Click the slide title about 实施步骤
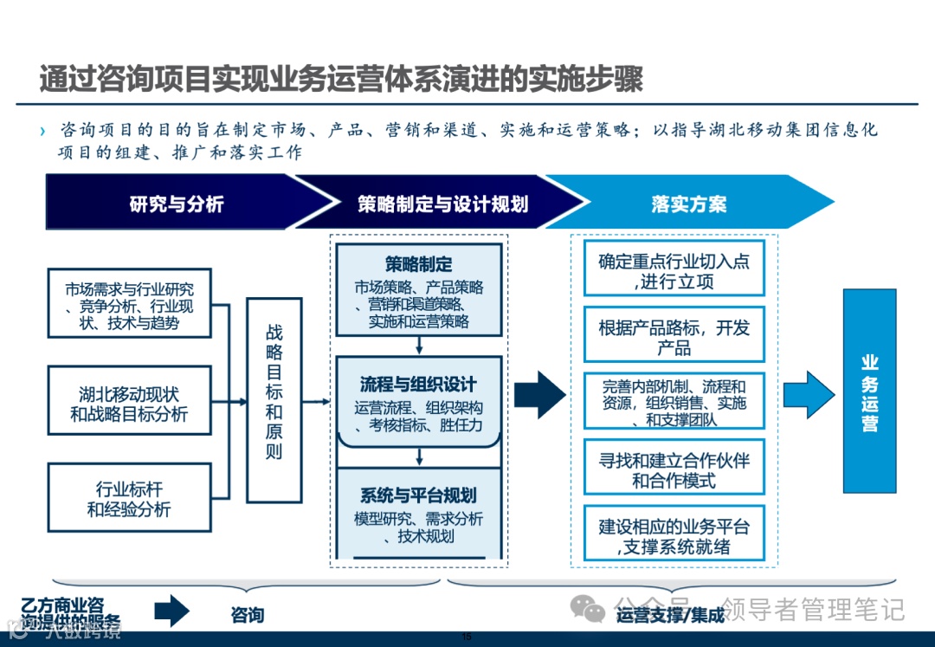click(341, 80)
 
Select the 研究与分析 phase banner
click(177, 204)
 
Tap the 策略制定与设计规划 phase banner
click(442, 204)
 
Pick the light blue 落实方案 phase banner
click(688, 204)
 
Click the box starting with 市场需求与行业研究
click(129, 303)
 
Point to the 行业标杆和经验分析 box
click(129, 499)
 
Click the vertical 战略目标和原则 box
click(274, 400)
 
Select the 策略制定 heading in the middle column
click(419, 263)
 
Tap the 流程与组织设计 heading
click(419, 384)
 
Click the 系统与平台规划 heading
click(419, 495)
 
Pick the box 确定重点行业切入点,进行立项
click(674, 270)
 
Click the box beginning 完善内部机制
click(674, 401)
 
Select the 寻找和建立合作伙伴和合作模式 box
click(674, 469)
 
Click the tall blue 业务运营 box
click(869, 391)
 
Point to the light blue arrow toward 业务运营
click(807, 394)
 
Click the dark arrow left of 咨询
click(171, 611)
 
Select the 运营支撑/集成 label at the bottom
click(670, 616)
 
